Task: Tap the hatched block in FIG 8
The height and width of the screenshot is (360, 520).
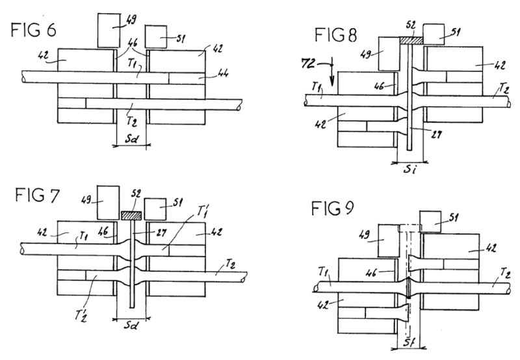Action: click(411, 40)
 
